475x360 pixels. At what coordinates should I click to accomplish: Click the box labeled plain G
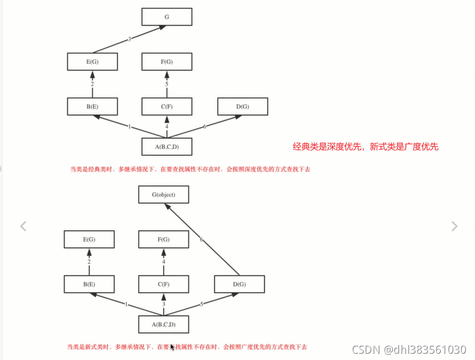tap(167, 17)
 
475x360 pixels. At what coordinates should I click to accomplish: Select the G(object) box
tap(163, 195)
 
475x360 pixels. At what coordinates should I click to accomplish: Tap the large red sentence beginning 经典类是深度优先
tap(365, 147)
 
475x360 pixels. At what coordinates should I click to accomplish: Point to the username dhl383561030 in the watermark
tap(425, 349)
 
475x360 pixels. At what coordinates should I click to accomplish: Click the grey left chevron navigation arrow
tap(23, 226)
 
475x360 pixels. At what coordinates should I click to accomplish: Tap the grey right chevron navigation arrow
tap(454, 226)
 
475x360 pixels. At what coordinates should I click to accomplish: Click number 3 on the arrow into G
tap(130, 39)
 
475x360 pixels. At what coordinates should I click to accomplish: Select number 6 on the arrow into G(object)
tap(201, 240)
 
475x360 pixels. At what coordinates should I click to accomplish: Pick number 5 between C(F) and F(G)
tap(167, 84)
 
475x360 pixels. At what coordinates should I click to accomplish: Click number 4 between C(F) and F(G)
tap(164, 262)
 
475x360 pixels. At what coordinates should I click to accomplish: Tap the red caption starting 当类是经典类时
tap(190, 169)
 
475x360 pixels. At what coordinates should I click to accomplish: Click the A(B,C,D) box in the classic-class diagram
tap(167, 147)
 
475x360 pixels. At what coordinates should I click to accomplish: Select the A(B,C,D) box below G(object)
tap(163, 325)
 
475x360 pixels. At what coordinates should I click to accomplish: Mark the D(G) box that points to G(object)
tap(239, 284)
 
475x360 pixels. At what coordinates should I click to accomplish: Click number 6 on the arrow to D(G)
tap(204, 126)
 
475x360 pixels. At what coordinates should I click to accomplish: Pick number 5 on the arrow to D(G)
tap(201, 304)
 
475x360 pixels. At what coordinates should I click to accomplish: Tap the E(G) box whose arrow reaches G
tap(92, 61)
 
